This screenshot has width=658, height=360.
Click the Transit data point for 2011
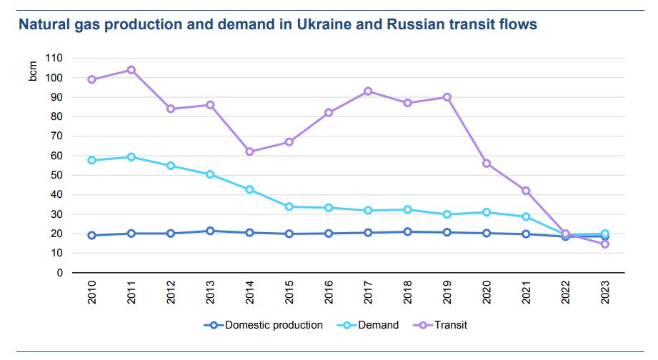click(131, 70)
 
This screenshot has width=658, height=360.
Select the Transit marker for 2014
click(250, 151)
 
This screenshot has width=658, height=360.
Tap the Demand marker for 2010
click(92, 160)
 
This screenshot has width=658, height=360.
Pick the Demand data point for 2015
click(289, 206)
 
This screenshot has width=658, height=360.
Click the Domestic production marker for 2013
click(211, 231)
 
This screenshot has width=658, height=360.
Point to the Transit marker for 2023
click(605, 244)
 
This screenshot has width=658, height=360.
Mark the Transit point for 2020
click(487, 164)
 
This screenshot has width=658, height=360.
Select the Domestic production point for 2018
click(408, 231)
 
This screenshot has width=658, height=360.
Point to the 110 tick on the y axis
click(54, 58)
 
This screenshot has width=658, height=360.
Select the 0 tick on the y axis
click(59, 273)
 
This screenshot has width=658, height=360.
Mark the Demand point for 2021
click(526, 216)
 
